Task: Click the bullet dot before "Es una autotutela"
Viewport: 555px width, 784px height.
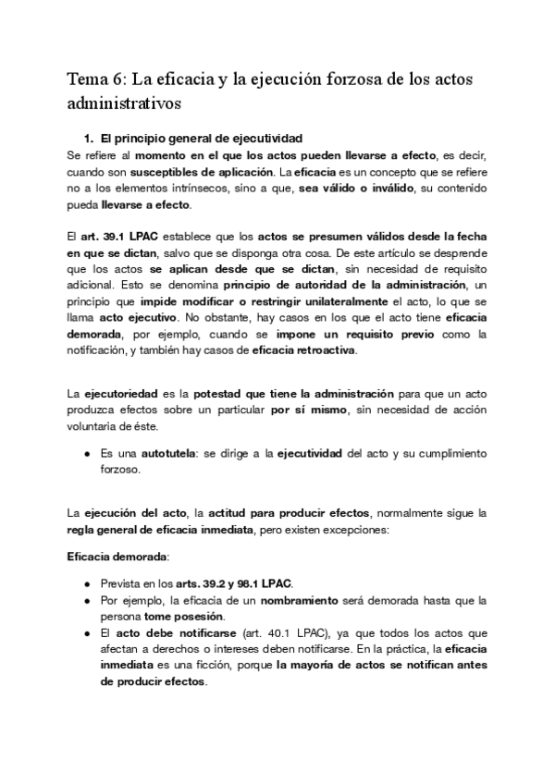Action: (x=86, y=453)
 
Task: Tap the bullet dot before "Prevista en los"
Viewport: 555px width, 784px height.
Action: (x=86, y=584)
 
